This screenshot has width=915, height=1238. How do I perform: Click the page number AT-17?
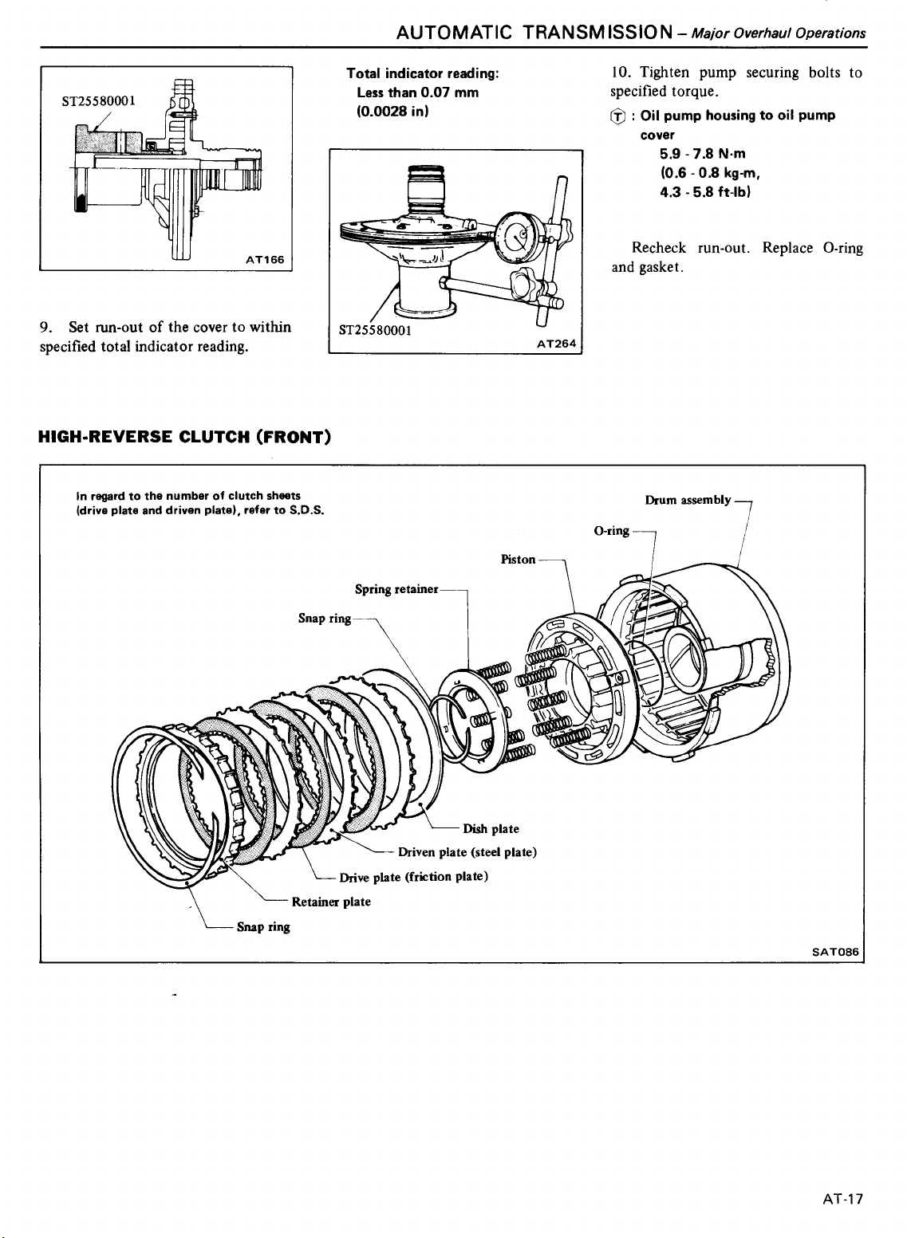click(845, 1200)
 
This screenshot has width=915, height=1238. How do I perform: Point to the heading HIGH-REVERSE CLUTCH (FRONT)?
click(184, 437)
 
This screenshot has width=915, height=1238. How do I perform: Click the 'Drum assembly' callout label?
click(688, 500)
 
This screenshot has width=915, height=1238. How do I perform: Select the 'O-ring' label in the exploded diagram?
click(612, 530)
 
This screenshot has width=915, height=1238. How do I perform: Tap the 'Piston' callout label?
click(518, 560)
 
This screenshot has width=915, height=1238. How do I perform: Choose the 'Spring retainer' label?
click(396, 589)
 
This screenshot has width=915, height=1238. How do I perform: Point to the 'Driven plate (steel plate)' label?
click(467, 852)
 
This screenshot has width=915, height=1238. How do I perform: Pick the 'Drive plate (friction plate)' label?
click(413, 877)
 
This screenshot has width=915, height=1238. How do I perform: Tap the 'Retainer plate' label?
click(331, 902)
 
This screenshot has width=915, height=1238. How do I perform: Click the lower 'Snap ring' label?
click(263, 927)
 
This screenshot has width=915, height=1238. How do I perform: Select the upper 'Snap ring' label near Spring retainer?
click(324, 619)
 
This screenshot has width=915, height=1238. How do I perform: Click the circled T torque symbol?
click(617, 116)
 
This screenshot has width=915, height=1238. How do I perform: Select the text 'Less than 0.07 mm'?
click(417, 92)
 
